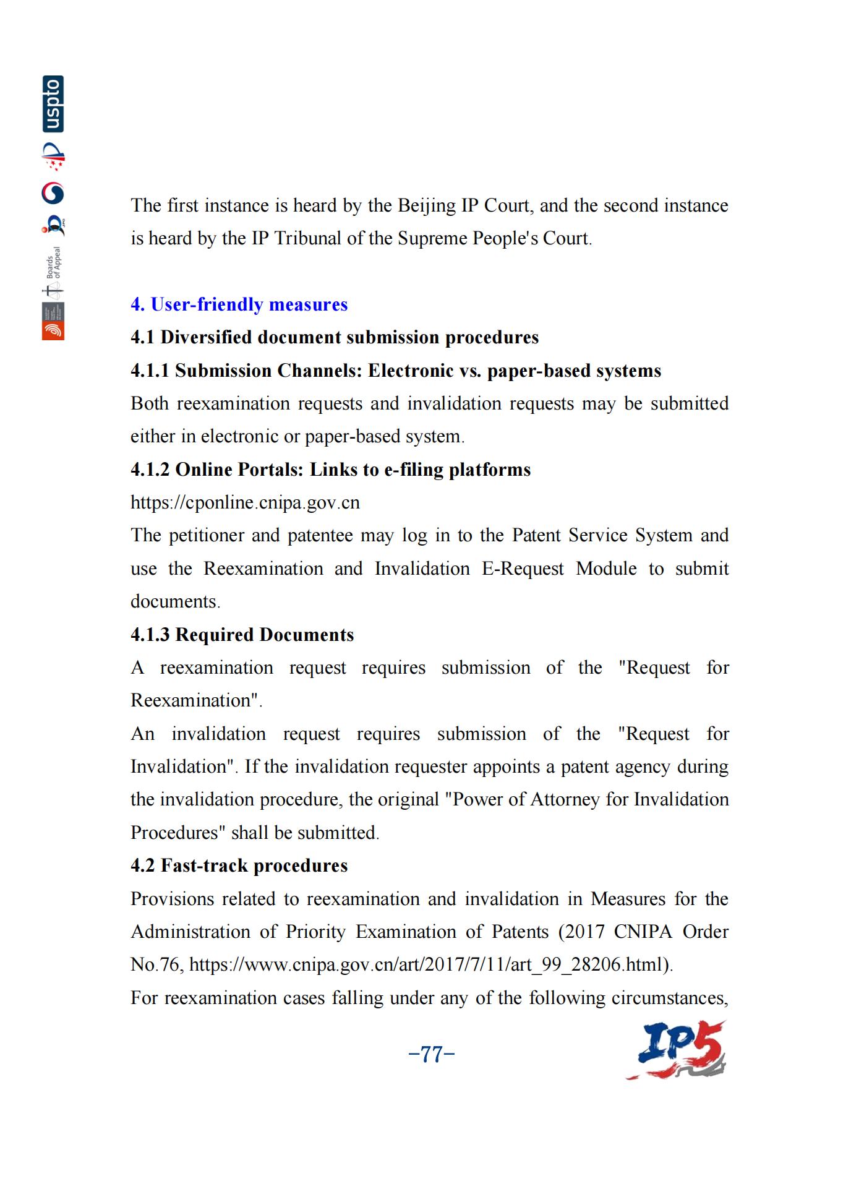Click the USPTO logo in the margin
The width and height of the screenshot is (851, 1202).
(53, 104)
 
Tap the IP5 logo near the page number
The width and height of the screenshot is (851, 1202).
(677, 1050)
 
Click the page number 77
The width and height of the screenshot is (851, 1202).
(432, 1054)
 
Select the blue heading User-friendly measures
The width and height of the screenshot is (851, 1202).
(239, 304)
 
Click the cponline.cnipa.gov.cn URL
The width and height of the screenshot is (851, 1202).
(245, 502)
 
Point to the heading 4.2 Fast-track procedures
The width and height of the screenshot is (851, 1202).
(239, 865)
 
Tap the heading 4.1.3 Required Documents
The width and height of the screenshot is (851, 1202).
(242, 635)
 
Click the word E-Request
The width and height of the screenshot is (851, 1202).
(523, 569)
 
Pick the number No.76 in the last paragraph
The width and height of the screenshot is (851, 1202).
(155, 964)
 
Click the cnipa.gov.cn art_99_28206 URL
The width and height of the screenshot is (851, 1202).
(430, 964)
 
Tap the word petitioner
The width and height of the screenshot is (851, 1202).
(205, 535)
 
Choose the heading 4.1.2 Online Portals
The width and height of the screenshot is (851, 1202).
(330, 470)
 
